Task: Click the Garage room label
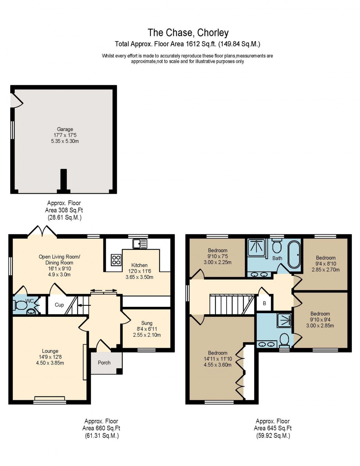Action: (65, 129)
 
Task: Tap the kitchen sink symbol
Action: (140, 243)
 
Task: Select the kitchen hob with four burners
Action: (116, 260)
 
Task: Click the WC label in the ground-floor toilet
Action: (30, 301)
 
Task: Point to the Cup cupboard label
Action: (59, 305)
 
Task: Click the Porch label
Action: (104, 363)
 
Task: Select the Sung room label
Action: (147, 323)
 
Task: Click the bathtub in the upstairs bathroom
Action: (294, 254)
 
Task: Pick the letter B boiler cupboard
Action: (264, 304)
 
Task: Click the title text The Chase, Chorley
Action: (188, 33)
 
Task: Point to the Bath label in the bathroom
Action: (277, 258)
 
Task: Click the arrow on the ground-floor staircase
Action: (84, 305)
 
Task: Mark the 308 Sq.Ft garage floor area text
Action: (64, 210)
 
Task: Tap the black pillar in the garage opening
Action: (64, 180)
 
